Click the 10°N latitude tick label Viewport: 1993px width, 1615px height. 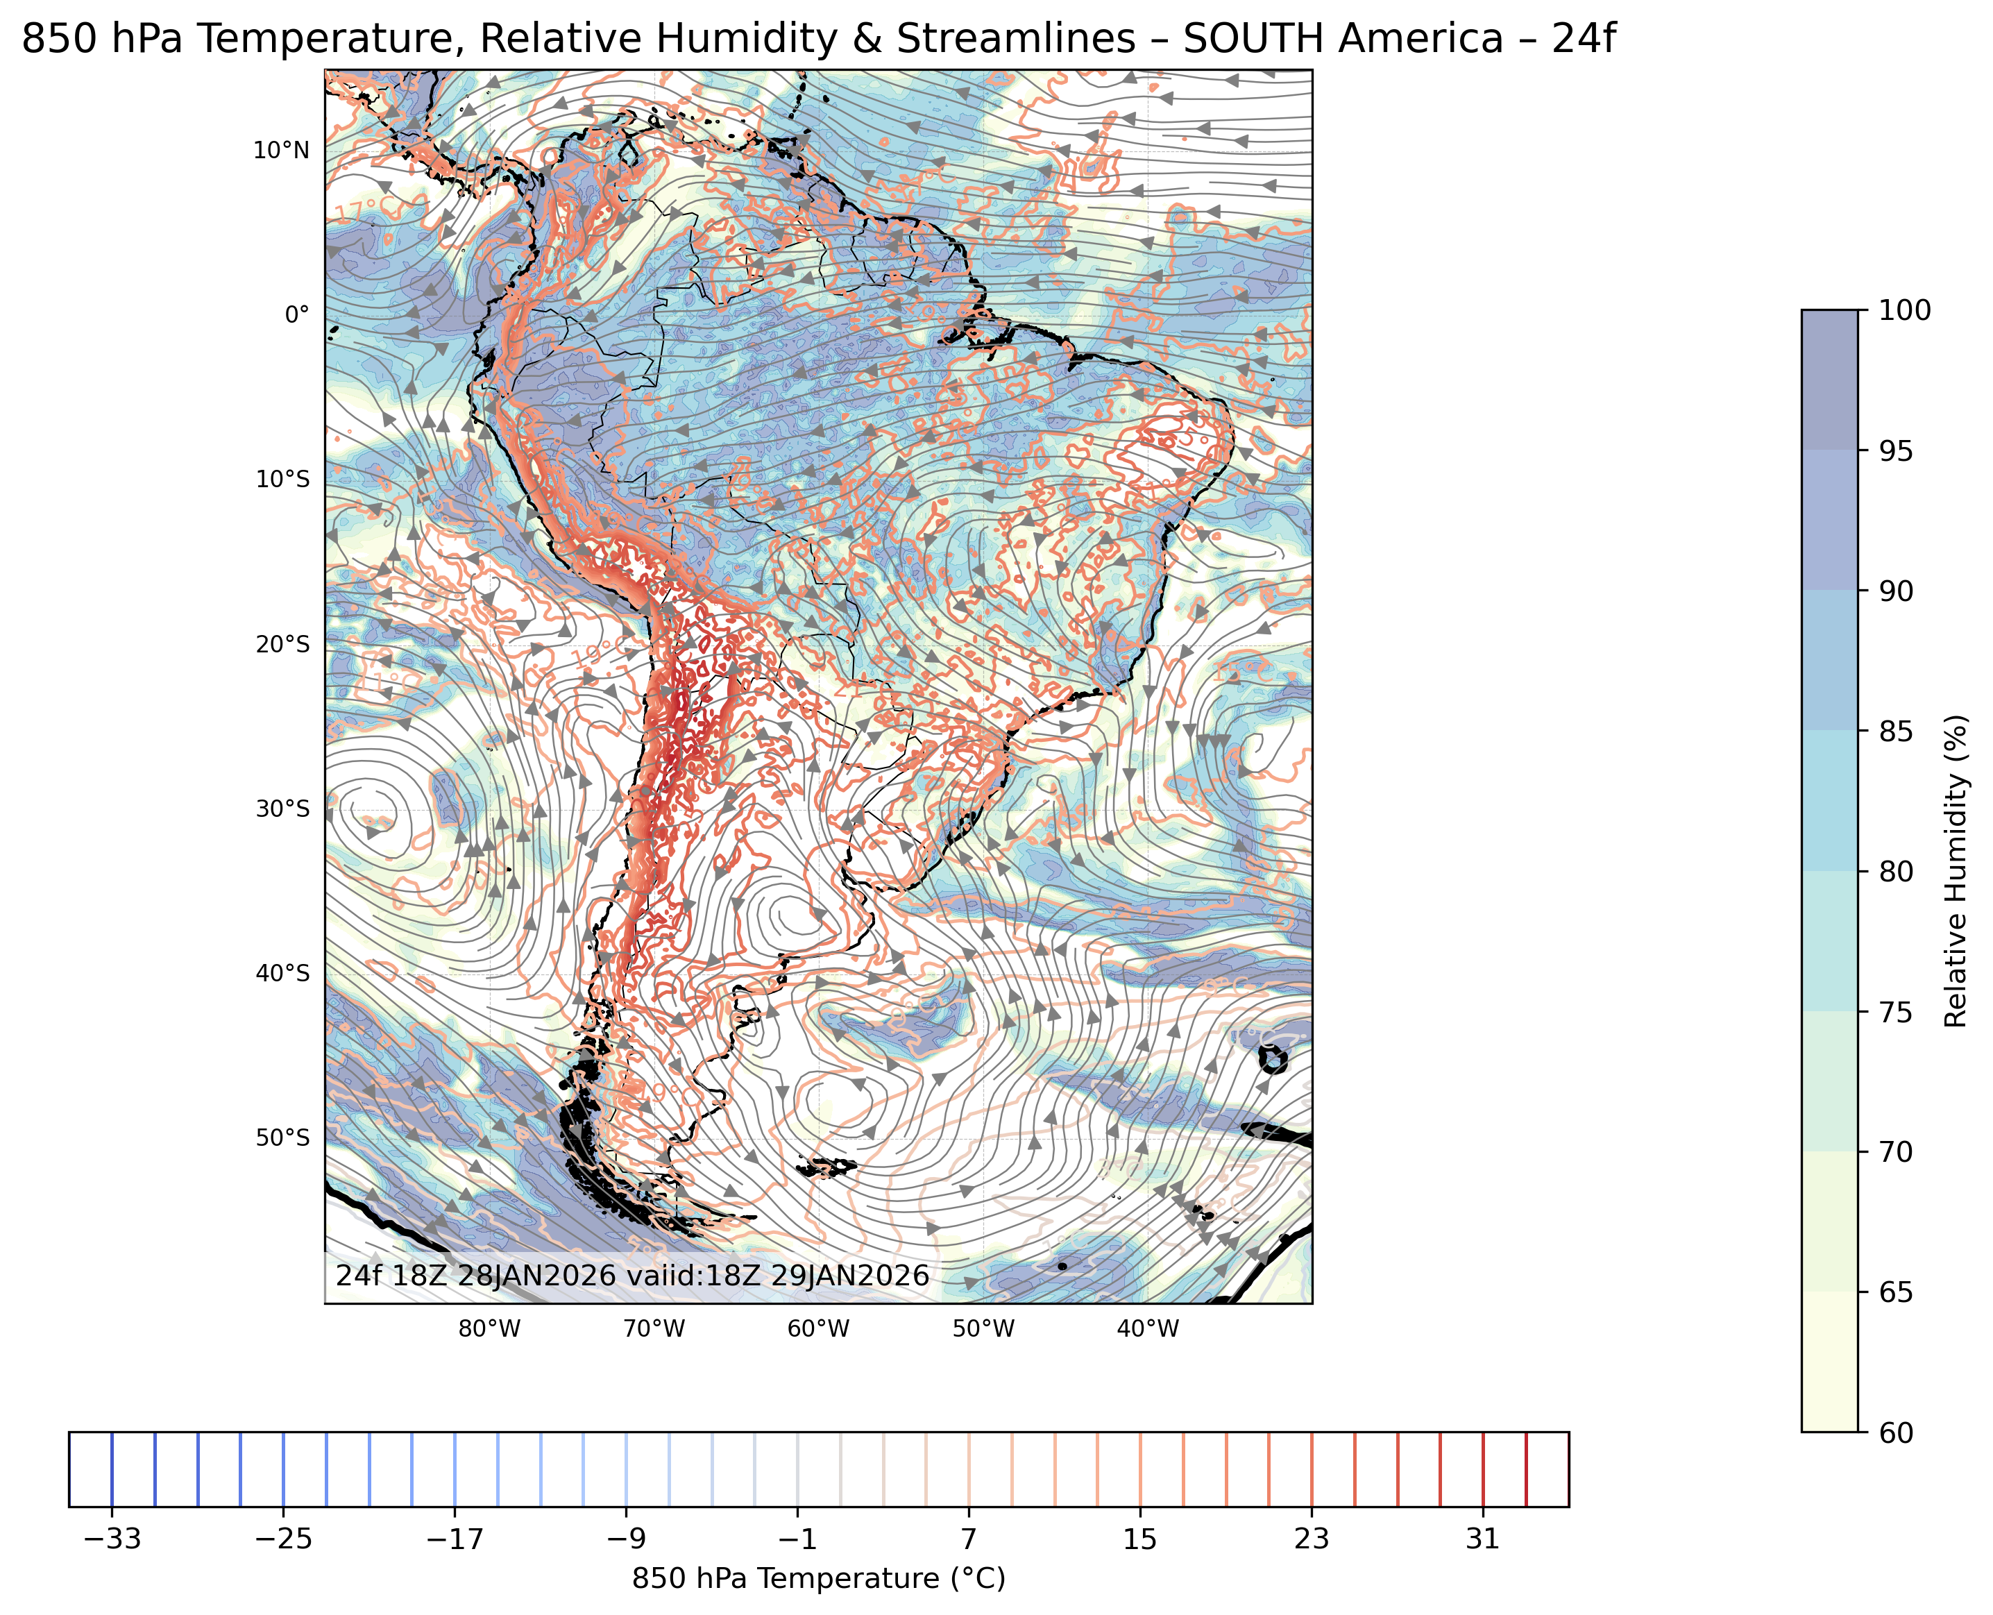(281, 151)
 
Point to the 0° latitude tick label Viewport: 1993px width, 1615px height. (297, 315)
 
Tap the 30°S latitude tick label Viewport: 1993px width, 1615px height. (282, 809)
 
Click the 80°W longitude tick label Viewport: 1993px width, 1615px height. (489, 1329)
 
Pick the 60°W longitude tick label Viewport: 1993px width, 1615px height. (818, 1329)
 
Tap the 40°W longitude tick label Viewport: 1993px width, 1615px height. (1148, 1329)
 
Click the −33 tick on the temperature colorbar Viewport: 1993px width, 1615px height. (112, 1539)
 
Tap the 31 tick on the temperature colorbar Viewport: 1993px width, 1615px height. (1482, 1539)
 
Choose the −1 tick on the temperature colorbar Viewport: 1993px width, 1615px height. (797, 1539)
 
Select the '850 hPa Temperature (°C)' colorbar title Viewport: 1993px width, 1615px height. (818, 1579)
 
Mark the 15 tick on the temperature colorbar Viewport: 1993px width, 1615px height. (1140, 1539)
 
